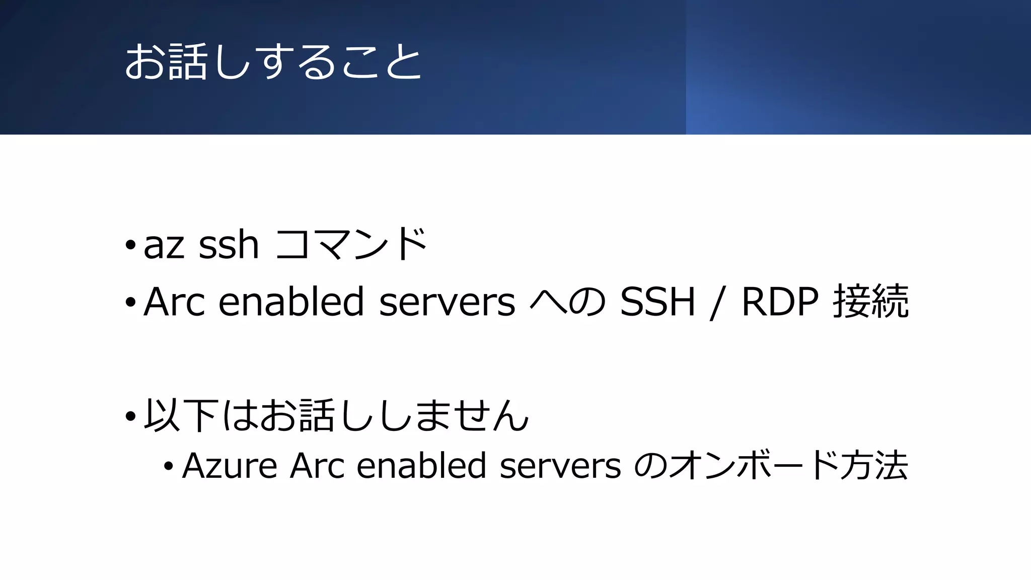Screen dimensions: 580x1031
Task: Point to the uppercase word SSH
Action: coord(657,302)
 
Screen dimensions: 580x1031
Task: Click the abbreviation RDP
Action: coord(780,302)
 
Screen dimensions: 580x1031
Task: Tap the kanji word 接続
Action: coord(871,302)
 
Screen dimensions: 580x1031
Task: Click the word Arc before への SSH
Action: coord(174,302)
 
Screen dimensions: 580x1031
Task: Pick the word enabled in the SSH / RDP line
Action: coord(291,302)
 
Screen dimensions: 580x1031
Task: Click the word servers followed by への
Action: coord(447,303)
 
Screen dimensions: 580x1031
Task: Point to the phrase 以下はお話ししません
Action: coord(336,415)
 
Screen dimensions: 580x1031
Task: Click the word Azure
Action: coord(230,466)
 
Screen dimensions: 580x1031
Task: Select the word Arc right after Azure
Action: coord(317,466)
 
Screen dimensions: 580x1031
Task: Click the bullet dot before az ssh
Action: coord(130,246)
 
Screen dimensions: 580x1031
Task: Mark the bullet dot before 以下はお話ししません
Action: coord(130,416)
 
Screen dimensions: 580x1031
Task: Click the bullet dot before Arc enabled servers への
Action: coord(130,303)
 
